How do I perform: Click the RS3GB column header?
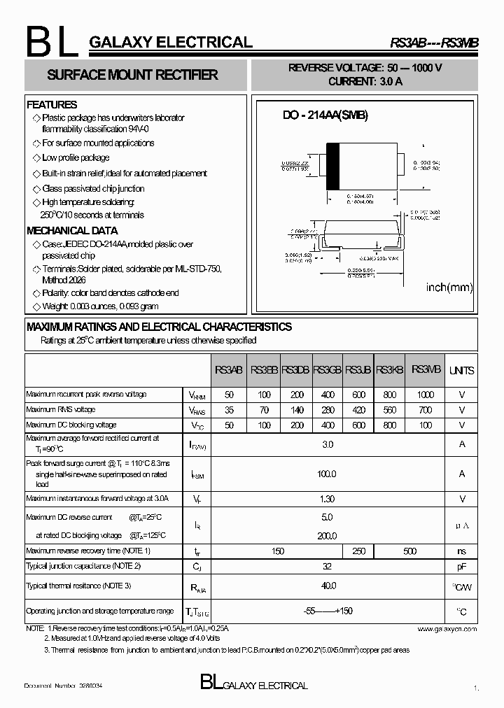(x=327, y=370)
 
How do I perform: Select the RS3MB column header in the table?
(x=426, y=369)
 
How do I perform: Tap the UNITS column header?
(x=461, y=370)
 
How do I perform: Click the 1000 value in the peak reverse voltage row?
(x=426, y=395)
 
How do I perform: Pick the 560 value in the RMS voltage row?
(x=390, y=410)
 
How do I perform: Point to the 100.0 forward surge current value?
(x=327, y=474)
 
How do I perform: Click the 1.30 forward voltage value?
(x=327, y=500)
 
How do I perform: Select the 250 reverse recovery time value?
(x=358, y=551)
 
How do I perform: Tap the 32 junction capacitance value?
(x=327, y=565)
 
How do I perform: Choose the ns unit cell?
(x=461, y=551)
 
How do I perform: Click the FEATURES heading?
(x=52, y=105)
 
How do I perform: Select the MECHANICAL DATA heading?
(x=72, y=230)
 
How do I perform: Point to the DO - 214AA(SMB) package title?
(x=325, y=115)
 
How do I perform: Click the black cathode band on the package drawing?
(x=333, y=166)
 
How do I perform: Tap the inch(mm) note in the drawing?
(x=449, y=288)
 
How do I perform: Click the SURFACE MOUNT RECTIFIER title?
(x=132, y=75)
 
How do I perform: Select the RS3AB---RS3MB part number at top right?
(x=434, y=43)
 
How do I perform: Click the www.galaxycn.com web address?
(x=447, y=629)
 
